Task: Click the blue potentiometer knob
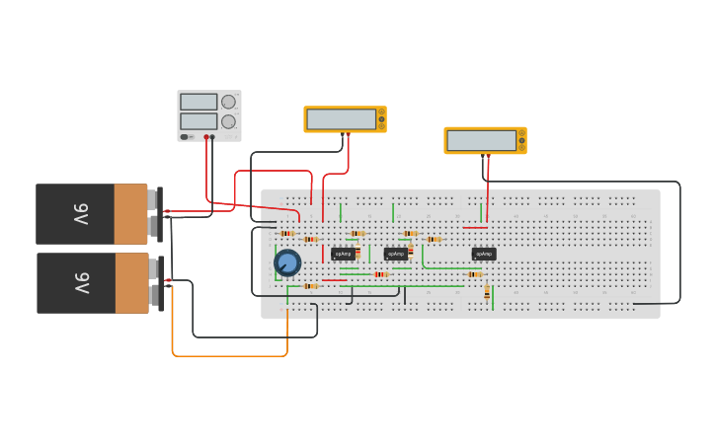coord(287,262)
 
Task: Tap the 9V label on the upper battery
coord(81,214)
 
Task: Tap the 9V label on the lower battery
coord(81,283)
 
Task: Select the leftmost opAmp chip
coord(343,254)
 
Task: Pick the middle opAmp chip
coord(395,254)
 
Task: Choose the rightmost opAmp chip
coord(484,254)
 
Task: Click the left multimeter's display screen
coord(341,119)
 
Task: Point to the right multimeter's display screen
coord(481,140)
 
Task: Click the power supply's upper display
coord(199,102)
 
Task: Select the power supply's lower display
coord(199,121)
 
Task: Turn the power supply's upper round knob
coord(229,102)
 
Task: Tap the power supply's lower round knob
coord(229,121)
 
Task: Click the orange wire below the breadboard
coord(229,355)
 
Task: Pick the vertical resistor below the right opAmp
coord(487,292)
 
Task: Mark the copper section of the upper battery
coord(130,214)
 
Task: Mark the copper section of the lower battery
coord(132,283)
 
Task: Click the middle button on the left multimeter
coord(382,119)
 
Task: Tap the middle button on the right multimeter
coord(522,140)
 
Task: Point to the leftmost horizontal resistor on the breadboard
coord(287,234)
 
